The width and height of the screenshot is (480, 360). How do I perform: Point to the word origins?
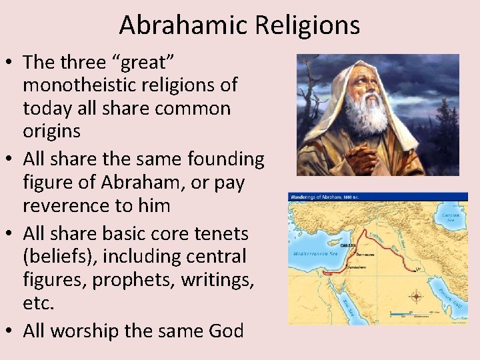[x=51, y=131]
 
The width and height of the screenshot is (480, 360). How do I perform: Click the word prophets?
[x=123, y=279]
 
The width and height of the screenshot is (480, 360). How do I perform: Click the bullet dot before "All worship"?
[x=10, y=331]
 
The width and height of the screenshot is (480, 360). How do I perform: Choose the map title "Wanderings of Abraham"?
[x=320, y=197]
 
